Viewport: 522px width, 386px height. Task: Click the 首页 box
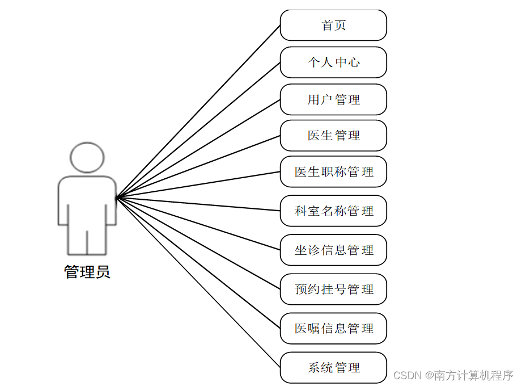point(333,26)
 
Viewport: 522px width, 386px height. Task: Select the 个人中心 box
point(333,62)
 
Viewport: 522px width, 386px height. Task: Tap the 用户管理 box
point(333,100)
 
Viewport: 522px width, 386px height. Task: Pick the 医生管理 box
point(333,136)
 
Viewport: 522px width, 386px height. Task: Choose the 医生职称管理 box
point(333,171)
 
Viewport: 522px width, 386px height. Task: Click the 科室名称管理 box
point(333,211)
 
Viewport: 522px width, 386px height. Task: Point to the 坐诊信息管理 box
point(333,250)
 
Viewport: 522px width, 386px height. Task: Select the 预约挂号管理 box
point(333,289)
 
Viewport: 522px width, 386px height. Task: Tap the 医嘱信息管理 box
point(333,329)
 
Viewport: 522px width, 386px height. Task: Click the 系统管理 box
point(333,368)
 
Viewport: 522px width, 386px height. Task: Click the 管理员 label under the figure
point(87,272)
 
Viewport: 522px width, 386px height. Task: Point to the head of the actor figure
point(87,157)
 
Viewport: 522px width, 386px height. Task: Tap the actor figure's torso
point(87,202)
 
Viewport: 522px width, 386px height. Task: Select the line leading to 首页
point(198,111)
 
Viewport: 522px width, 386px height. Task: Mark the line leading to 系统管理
point(198,283)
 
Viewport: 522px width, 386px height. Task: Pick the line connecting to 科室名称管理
point(198,204)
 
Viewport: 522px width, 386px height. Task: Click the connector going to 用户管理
point(198,149)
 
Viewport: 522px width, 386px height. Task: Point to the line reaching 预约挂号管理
point(198,244)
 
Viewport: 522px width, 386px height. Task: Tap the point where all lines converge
point(117,198)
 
